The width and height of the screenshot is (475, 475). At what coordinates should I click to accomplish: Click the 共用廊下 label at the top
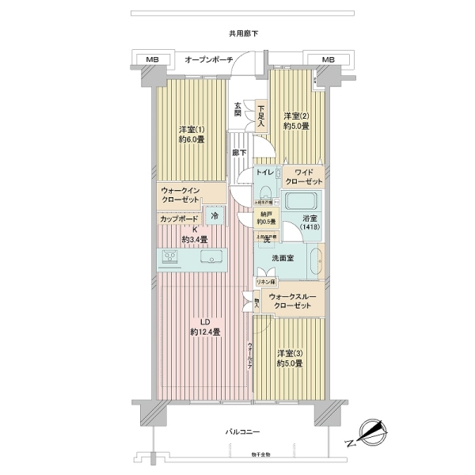[x=237, y=34]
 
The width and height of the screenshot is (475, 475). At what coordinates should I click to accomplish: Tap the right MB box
[x=328, y=59]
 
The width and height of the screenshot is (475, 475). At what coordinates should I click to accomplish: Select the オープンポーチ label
[x=208, y=59]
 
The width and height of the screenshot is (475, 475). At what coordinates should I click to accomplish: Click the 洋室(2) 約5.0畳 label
[x=296, y=120]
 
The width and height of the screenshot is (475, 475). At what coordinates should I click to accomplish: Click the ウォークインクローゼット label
[x=184, y=195]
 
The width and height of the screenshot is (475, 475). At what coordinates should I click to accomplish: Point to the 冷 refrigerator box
[x=215, y=215]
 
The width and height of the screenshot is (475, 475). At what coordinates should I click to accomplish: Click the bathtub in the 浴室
[x=301, y=200]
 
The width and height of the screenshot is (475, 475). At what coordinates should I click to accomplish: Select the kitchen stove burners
[x=171, y=256]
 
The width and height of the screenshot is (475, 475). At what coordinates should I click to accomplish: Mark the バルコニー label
[x=237, y=431]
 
